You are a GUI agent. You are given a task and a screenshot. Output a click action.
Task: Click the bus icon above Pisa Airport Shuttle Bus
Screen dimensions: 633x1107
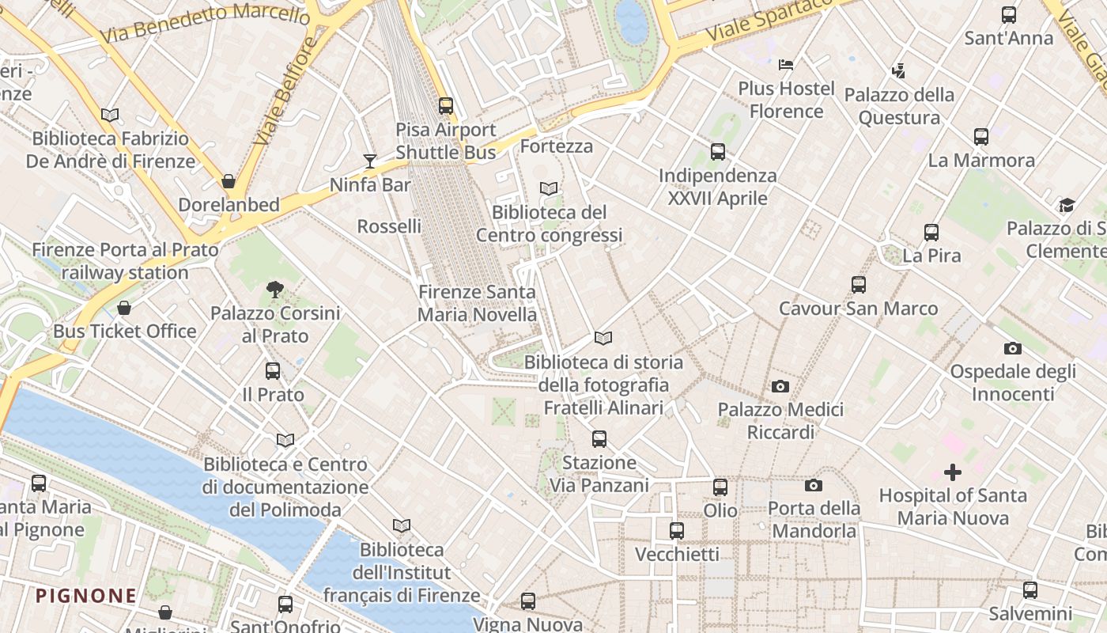(446, 105)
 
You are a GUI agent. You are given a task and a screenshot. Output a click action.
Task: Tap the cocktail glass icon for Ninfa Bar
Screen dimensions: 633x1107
(370, 161)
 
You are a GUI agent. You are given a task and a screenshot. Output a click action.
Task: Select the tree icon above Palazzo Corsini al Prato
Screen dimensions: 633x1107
(275, 289)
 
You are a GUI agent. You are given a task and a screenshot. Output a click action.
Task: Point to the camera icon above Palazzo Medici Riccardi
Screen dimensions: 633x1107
(780, 386)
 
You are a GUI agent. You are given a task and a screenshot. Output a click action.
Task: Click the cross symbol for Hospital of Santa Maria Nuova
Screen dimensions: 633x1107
(953, 472)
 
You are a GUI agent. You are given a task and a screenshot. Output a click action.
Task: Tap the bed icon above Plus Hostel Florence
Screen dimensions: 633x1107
(786, 64)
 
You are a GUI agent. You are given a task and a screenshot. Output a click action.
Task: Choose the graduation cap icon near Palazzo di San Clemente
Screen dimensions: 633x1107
(1067, 206)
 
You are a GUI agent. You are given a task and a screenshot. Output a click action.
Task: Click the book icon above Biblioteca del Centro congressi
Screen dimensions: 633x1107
(549, 188)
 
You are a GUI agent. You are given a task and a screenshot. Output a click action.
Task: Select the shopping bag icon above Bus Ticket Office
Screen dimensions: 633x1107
(124, 308)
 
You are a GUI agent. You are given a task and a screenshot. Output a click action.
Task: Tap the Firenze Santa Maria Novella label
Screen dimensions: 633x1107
(477, 303)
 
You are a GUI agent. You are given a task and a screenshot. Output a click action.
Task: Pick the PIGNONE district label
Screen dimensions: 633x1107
(86, 596)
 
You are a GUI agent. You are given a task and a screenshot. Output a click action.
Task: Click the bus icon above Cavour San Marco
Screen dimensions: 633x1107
(859, 285)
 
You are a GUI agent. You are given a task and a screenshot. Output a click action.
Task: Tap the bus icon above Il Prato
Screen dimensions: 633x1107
(273, 370)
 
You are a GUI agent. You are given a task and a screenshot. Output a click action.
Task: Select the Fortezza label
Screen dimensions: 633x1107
(557, 146)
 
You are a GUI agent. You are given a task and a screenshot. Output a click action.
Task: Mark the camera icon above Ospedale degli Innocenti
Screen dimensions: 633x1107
(1012, 348)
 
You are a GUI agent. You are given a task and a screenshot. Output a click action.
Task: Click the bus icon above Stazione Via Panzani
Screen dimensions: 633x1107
(599, 438)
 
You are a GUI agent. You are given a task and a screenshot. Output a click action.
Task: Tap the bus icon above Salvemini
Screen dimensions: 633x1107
(1030, 589)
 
